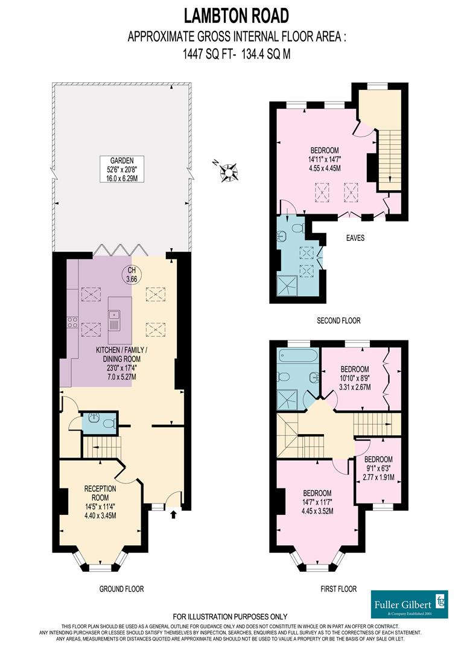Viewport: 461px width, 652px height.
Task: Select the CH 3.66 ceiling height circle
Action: (x=132, y=275)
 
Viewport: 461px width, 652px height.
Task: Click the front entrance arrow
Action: (x=174, y=514)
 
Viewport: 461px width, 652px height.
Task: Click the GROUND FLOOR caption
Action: (x=122, y=589)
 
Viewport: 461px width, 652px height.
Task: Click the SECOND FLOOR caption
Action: (x=339, y=321)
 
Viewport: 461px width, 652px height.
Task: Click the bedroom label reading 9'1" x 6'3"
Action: (x=378, y=468)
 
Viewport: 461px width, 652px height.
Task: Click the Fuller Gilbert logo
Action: (x=409, y=604)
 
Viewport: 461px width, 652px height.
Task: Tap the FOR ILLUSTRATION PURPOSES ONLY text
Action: (x=230, y=616)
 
